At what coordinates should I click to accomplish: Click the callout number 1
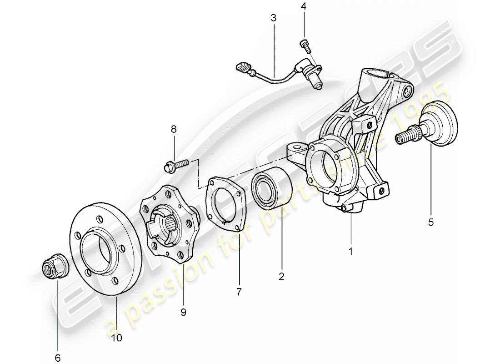point(350,251)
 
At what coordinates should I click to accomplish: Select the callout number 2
point(281,276)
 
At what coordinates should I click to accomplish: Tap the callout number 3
point(273,19)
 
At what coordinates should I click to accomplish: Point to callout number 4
point(304,7)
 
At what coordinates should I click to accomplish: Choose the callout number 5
point(430,222)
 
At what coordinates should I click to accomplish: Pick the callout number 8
point(174,130)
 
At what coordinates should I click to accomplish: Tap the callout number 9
point(184,312)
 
